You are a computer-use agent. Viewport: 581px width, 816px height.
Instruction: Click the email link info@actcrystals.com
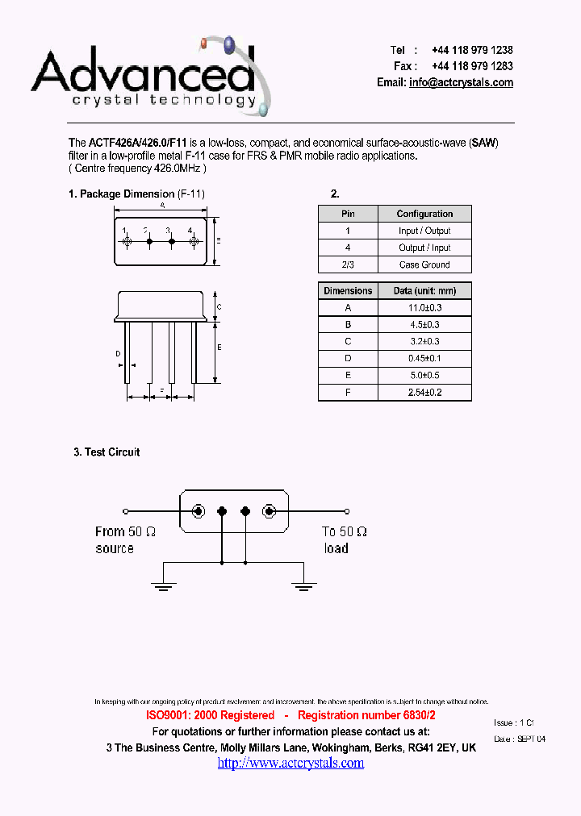(461, 83)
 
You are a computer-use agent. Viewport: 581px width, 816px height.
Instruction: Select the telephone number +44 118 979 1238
(472, 50)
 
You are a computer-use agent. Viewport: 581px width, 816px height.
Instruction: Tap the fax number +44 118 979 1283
(472, 66)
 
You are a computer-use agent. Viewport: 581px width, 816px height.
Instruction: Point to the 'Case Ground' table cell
(424, 264)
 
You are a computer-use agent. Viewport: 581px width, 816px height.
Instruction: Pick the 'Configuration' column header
(424, 214)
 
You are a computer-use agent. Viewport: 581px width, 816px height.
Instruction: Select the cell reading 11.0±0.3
(424, 307)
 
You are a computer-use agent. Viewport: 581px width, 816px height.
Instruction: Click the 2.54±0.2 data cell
(424, 393)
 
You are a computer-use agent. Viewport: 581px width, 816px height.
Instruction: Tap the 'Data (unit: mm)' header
(424, 290)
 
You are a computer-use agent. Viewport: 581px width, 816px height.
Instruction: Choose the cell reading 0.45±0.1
(424, 358)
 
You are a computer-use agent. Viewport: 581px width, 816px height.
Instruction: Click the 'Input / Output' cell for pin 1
(424, 231)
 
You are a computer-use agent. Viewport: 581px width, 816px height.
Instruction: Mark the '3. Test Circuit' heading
(107, 452)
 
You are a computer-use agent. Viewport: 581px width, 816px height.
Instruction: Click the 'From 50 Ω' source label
(125, 532)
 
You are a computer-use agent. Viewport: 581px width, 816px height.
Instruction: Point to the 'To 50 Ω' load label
(345, 532)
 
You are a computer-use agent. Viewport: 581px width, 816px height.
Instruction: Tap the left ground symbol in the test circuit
(163, 586)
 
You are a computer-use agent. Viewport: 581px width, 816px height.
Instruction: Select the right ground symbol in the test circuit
(303, 586)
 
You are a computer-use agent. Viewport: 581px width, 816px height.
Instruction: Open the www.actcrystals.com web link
(290, 763)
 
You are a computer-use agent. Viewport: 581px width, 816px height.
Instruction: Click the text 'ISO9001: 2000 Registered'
(210, 716)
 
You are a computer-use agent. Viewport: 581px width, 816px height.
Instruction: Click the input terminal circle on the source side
(125, 510)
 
